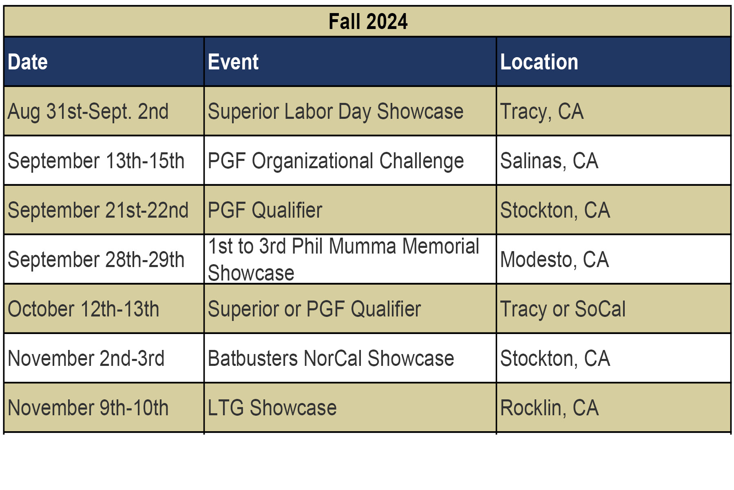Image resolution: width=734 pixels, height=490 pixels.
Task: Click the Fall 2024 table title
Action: point(368,22)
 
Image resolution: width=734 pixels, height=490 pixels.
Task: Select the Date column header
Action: point(28,62)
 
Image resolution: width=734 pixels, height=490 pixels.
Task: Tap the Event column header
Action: point(233,62)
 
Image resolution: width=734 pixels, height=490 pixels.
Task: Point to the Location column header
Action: point(539,62)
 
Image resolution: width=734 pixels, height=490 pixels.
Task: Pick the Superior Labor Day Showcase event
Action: point(336,112)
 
